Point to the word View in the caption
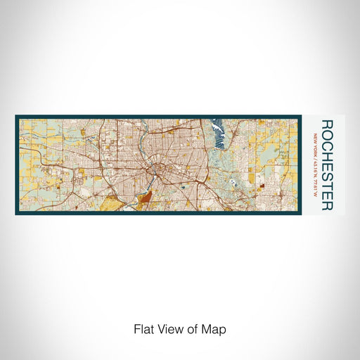tap(168, 328)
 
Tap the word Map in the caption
tap(215, 328)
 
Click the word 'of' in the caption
tap(193, 328)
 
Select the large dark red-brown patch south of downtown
tap(146, 189)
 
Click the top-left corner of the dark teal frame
tap(16, 115)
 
